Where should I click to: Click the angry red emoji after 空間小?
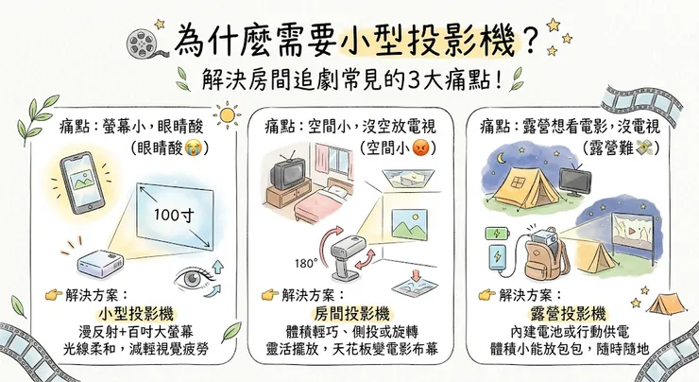tap(422, 148)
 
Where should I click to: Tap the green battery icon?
tap(496, 231)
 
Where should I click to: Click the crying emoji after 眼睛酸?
tap(197, 148)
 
